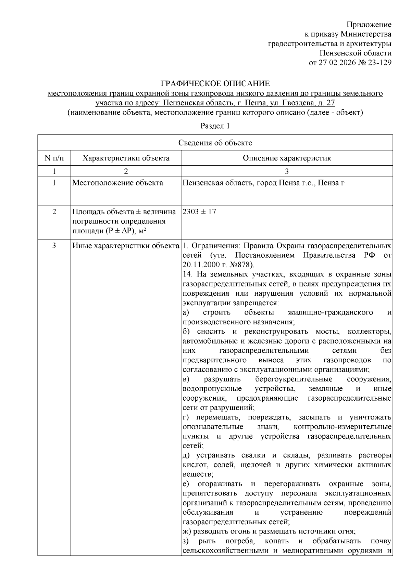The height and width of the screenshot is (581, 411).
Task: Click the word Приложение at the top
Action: [369, 25]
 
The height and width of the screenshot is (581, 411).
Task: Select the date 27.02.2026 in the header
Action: [336, 63]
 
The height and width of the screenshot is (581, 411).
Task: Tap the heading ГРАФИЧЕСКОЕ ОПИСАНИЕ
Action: [215, 83]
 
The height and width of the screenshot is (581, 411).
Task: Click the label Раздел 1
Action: [215, 126]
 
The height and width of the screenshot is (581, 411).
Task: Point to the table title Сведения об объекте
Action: [215, 143]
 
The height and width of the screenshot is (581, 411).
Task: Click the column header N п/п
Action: [54, 158]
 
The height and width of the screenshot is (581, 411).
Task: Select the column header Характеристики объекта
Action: [126, 158]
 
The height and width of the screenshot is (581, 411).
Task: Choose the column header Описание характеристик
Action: [287, 158]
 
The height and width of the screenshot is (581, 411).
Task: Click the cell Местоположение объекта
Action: [117, 183]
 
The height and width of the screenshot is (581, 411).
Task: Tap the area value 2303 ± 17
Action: [199, 212]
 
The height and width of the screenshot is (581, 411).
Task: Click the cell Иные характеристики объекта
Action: [126, 246]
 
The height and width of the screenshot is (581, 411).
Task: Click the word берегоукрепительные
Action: [294, 379]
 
